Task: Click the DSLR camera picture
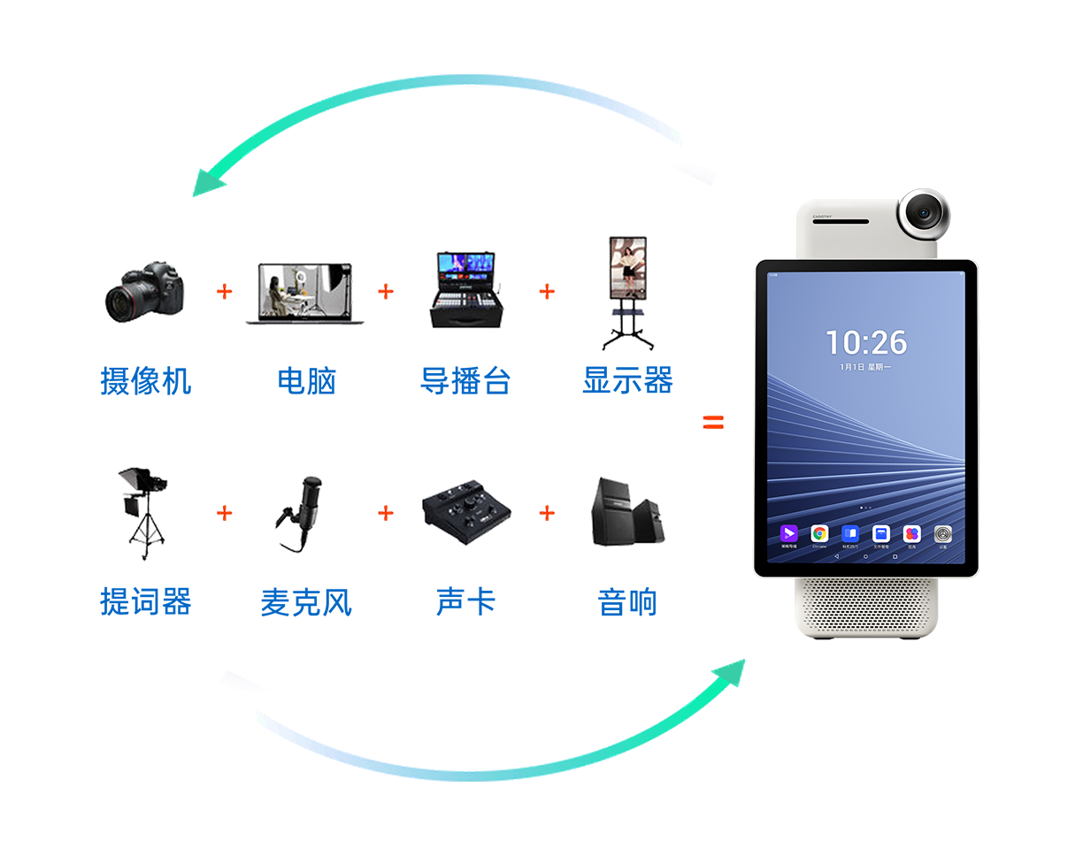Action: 143,291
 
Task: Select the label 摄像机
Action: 145,381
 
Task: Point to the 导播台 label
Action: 465,381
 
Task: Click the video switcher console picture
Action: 465,292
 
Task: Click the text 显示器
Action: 627,381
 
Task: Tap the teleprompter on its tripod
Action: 142,513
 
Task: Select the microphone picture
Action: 303,513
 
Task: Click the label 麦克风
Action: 305,603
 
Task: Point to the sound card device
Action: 465,513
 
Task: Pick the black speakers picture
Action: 626,513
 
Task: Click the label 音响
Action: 627,603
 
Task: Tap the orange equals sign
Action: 713,423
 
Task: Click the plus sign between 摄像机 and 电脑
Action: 225,291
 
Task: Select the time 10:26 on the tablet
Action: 866,342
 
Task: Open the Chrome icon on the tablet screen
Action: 820,534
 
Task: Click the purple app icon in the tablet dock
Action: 788,534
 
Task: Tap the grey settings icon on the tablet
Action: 943,534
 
